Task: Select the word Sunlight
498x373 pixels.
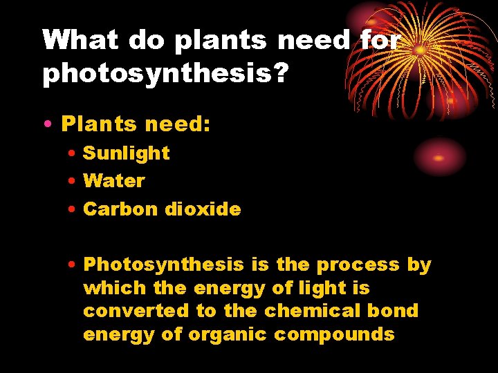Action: [x=126, y=153]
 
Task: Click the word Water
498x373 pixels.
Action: [x=113, y=181]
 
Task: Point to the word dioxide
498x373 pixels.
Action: [x=203, y=209]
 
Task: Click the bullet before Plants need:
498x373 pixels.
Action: [x=46, y=124]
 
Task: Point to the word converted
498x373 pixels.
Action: [x=137, y=311]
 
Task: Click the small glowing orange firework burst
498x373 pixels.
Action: [x=438, y=157]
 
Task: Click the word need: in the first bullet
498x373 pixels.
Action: [x=178, y=124]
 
